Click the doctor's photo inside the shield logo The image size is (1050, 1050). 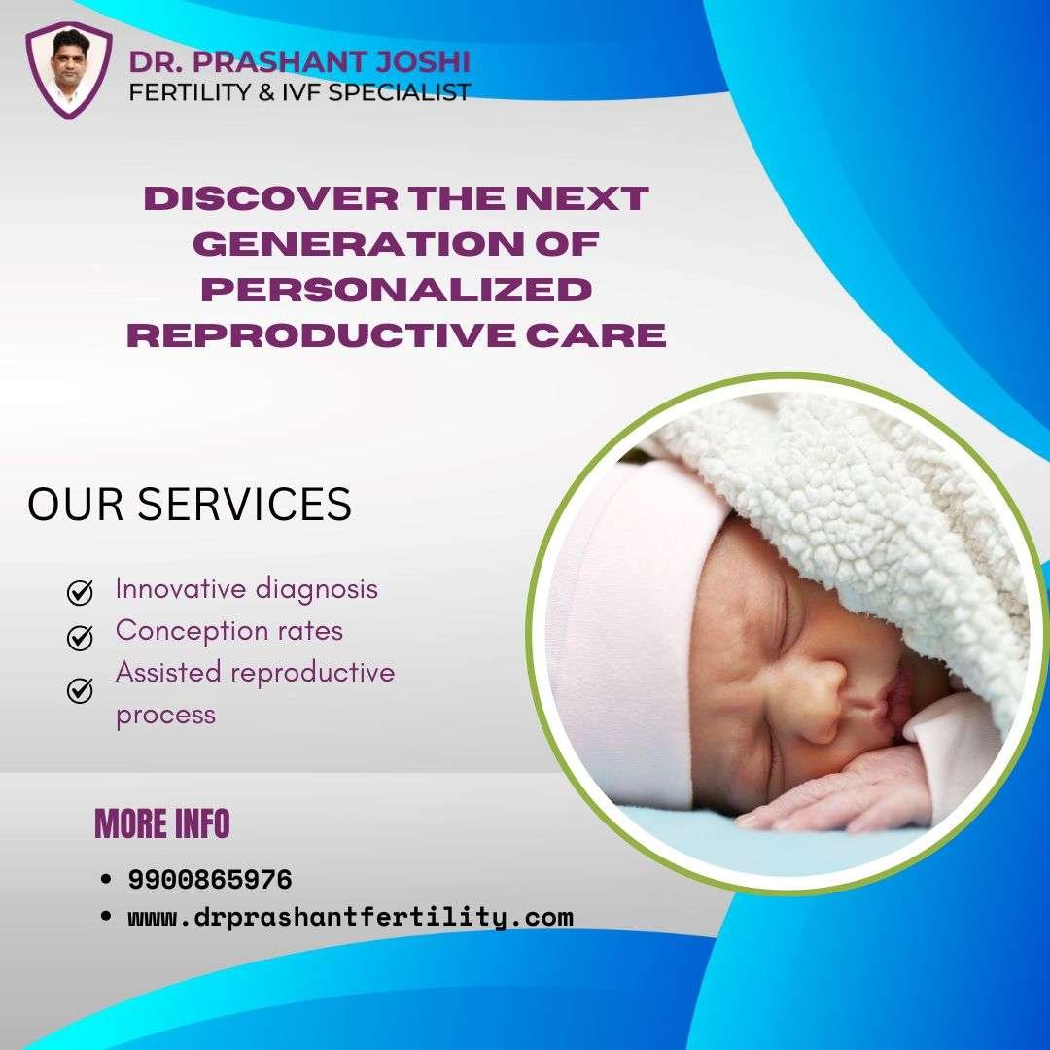69,69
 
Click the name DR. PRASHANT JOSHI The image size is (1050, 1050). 299,61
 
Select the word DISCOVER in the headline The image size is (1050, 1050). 270,198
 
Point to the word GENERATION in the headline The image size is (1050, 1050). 359,244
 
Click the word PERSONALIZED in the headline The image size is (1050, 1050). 397,290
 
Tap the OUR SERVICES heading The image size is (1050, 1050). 190,504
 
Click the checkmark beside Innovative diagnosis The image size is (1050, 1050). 80,592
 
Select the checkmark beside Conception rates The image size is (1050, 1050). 80,638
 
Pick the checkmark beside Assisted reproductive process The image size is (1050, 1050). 80,690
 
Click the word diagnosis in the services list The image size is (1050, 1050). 317,590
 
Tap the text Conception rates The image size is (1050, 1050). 229,631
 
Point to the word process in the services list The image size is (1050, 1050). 165,716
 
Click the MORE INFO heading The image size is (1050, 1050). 162,823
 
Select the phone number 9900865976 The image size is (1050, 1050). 210,879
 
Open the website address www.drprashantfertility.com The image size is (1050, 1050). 350,918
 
